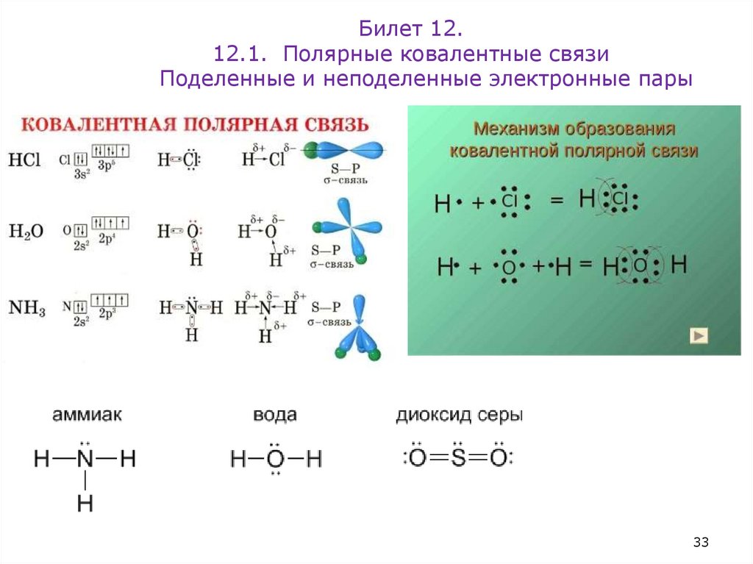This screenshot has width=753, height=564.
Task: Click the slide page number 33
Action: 700,543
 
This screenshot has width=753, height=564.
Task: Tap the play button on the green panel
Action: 699,336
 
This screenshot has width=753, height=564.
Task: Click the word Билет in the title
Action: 388,29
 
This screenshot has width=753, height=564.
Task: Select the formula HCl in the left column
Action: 24,160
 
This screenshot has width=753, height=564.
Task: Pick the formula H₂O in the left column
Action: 26,232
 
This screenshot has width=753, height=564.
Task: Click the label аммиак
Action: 87,415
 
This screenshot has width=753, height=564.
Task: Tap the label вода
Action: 275,415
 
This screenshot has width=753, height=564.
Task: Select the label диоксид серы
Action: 460,415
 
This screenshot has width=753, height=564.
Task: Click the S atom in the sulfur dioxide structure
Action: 458,459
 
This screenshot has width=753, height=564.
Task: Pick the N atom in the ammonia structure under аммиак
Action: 85,460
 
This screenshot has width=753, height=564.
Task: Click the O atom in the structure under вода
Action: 275,460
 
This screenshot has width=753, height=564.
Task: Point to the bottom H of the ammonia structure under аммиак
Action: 85,504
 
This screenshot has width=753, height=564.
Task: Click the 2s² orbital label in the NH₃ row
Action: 81,321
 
